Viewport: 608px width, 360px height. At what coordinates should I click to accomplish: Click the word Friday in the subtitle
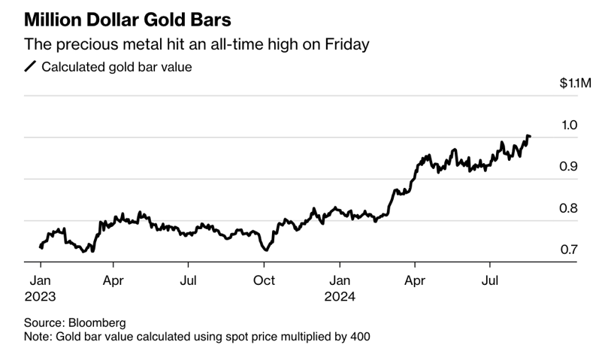coord(346,45)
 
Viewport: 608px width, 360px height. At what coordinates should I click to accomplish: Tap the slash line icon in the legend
coord(30,67)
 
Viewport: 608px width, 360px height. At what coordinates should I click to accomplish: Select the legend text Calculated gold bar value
coord(116,67)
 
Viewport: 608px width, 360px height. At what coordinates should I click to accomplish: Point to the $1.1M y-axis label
coord(575,83)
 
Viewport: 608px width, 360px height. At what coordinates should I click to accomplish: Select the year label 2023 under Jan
coord(41,296)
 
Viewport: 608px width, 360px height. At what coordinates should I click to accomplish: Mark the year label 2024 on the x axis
coord(340,296)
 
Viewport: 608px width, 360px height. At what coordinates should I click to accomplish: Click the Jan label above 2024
coord(340,280)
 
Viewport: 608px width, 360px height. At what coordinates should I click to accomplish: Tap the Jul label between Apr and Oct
coord(189,280)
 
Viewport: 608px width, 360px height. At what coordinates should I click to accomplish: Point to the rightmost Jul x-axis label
coord(491,280)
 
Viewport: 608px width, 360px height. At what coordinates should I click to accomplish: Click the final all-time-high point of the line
coord(529,136)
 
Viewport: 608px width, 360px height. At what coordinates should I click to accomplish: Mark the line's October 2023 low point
coord(264,250)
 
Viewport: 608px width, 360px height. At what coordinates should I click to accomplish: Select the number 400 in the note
coord(358,337)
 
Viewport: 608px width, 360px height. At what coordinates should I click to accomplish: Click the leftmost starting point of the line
coord(41,247)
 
